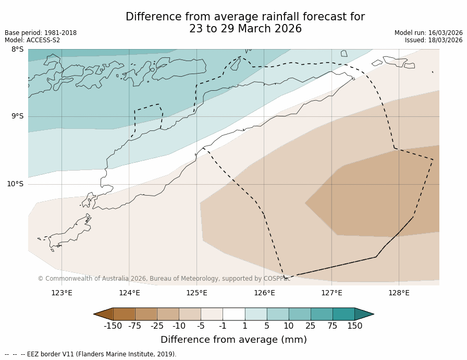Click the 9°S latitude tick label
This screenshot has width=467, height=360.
coord(17,116)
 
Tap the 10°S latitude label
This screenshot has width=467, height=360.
coord(15,184)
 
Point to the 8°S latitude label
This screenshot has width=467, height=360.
coord(17,50)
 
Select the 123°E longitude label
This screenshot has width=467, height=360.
coord(62,293)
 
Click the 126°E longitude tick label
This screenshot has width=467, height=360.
coord(264,293)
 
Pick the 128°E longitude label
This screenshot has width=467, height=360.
coord(399,293)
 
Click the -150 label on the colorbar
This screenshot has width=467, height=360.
coord(113,326)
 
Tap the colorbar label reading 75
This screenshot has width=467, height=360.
coord(333,326)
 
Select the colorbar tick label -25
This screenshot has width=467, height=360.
coord(157,326)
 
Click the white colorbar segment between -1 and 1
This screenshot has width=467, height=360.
coord(233,314)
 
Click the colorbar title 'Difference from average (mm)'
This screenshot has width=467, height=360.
coord(233,340)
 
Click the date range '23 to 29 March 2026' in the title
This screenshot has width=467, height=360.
coord(245,29)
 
